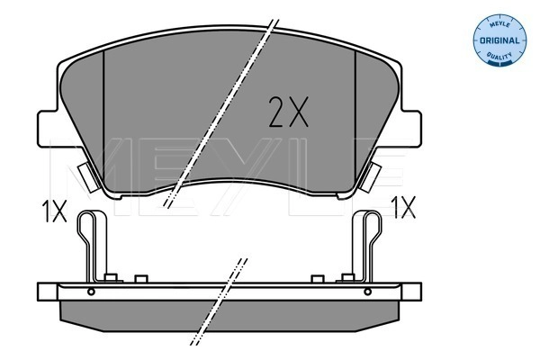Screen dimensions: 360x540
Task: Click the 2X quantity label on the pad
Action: [x=289, y=112]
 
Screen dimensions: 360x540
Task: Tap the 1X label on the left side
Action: [x=53, y=211]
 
